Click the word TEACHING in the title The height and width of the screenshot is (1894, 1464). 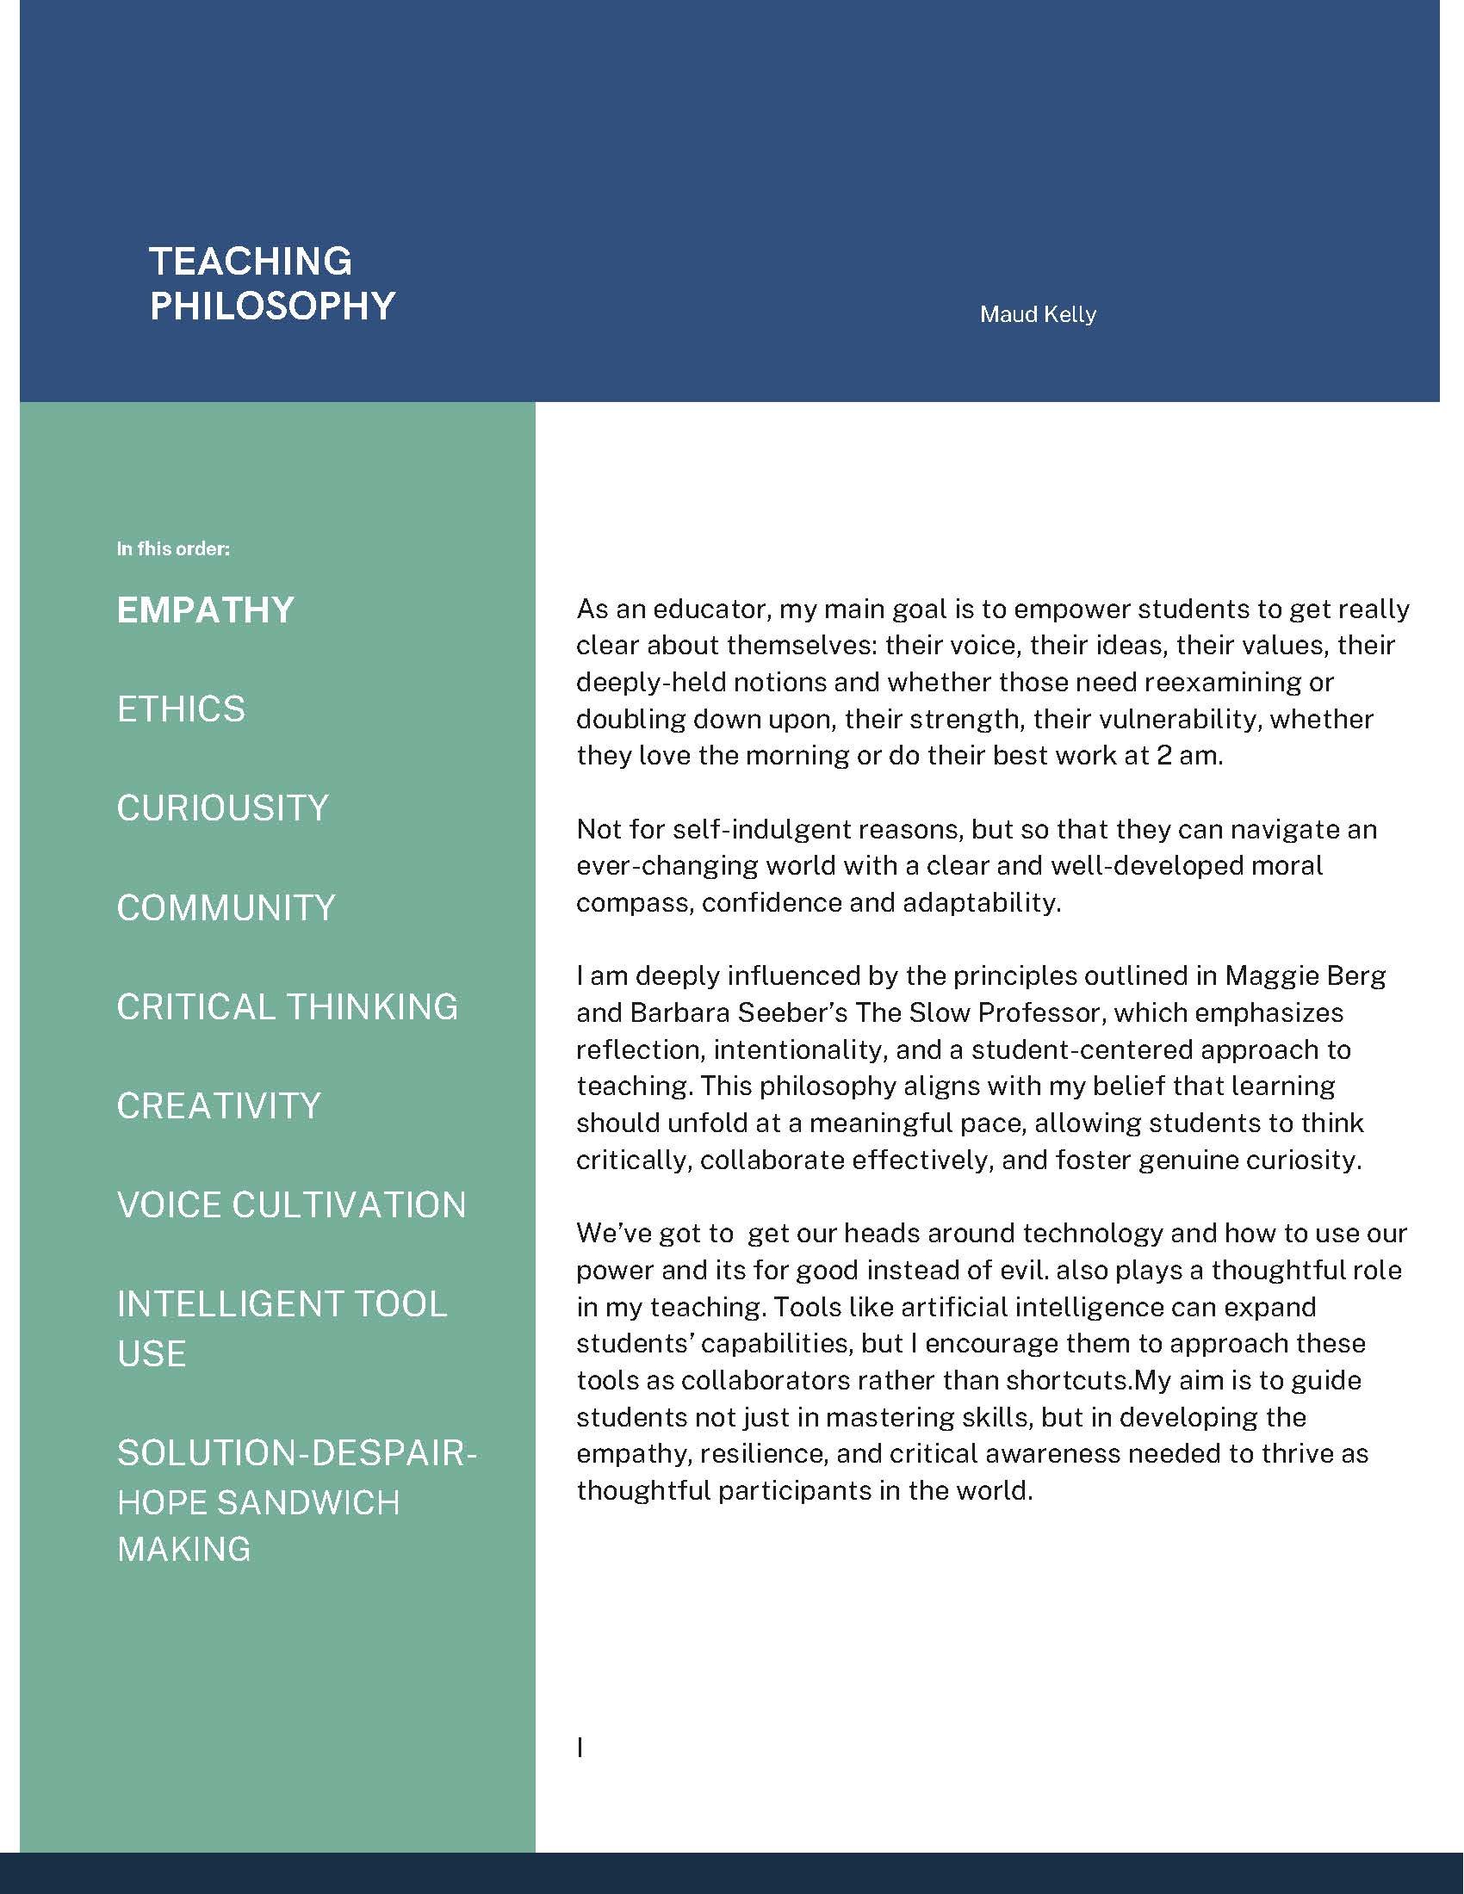251,261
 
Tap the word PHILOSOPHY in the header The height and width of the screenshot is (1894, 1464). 272,306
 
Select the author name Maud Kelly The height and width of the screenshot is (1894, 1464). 1038,314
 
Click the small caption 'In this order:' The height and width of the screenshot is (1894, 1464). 173,549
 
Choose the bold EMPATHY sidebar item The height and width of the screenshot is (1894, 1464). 206,610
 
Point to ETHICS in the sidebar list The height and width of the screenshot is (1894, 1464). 181,709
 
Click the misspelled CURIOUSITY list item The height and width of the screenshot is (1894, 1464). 223,808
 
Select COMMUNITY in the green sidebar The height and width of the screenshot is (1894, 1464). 226,908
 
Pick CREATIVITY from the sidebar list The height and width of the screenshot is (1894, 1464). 219,1105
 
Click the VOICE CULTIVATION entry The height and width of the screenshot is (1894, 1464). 291,1204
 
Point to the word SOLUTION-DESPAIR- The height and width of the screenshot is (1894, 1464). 296,1453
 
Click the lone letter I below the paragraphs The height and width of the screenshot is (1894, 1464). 580,1749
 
